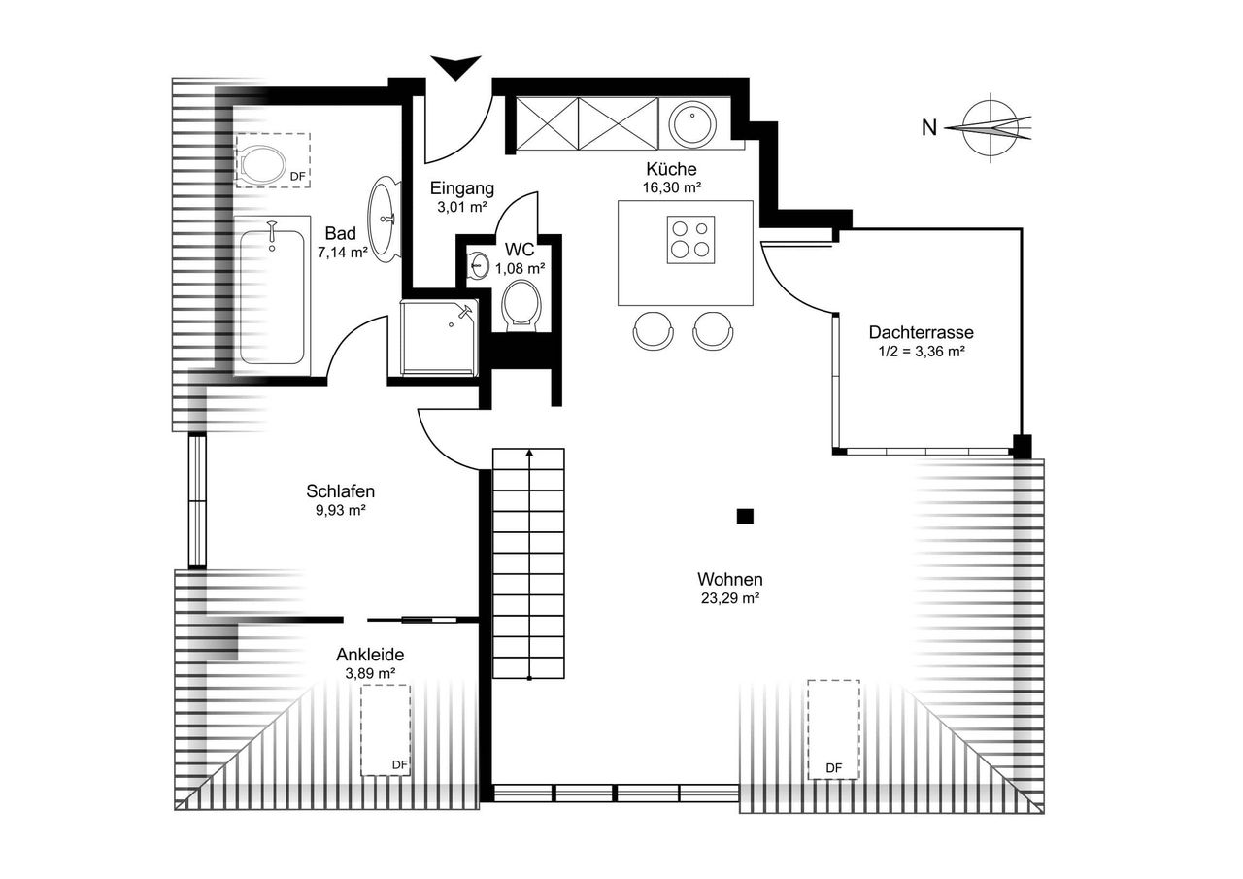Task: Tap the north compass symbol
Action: coord(991,128)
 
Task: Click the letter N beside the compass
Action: coord(929,128)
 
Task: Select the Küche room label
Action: coord(671,169)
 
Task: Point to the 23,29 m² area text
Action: coord(729,598)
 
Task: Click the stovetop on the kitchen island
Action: coord(690,240)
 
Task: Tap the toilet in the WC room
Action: coord(521,304)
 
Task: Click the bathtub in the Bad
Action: coord(272,294)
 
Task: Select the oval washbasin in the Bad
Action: coord(384,219)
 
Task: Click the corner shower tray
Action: coord(439,337)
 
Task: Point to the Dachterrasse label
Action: coord(922,332)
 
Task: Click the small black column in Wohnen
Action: coord(745,517)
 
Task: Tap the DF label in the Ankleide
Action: coord(399,764)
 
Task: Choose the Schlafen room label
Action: coord(341,491)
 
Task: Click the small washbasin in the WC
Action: coord(478,264)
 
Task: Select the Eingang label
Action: coord(462,188)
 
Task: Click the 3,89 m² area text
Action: coord(370,674)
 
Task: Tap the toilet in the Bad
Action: coord(263,165)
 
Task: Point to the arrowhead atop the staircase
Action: coord(529,453)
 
